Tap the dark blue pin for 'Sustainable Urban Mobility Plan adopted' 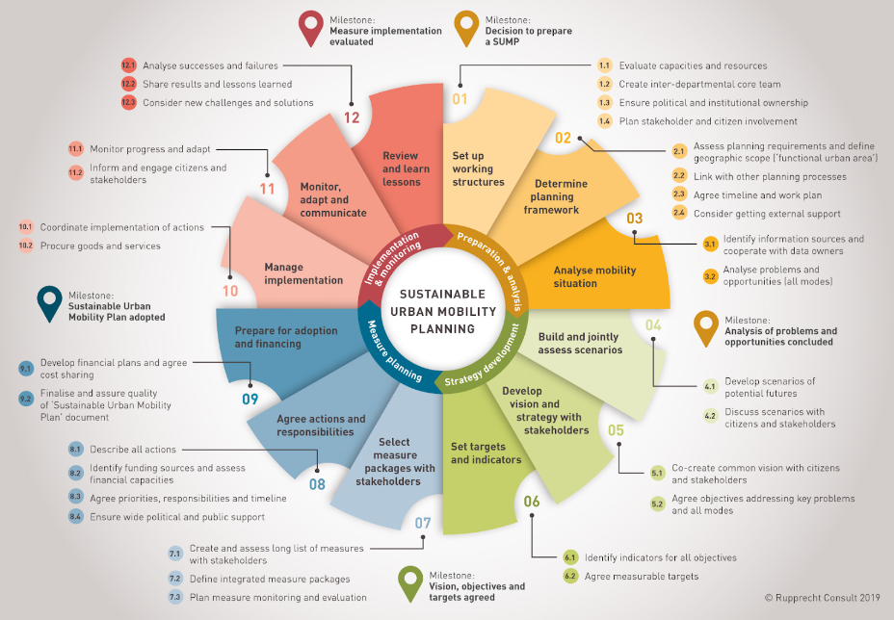point(49,303)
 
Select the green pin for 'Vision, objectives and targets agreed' point(410,583)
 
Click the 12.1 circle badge point(128,65)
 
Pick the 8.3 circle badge point(75,498)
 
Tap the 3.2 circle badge point(710,277)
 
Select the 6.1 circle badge point(570,557)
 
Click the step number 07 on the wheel point(423,523)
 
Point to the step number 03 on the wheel point(635,219)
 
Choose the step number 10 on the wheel point(230,291)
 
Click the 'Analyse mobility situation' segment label point(594,277)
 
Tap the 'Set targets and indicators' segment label point(486,453)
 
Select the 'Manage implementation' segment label point(303,273)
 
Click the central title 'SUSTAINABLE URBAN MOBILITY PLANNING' point(442,311)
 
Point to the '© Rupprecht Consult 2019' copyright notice point(822,598)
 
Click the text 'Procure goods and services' point(100,246)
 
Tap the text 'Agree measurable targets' point(642,577)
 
